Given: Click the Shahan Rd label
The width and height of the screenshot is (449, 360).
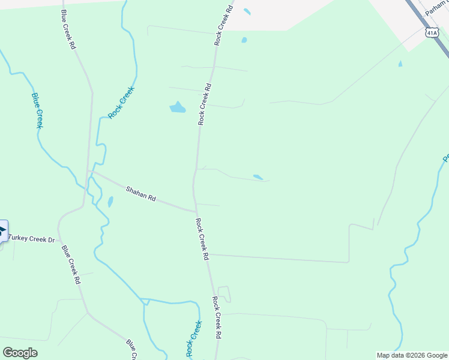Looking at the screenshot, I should tap(140, 194).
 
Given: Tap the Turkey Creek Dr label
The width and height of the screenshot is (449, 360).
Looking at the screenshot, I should tap(31, 239).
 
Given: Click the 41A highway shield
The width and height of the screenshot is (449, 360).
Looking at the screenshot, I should tap(431, 32).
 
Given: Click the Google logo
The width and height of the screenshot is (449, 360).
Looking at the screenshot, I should tap(20, 353).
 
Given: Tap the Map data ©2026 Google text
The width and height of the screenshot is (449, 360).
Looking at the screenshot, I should tap(412, 355).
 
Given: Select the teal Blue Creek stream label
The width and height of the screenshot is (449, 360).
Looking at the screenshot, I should tap(37, 110).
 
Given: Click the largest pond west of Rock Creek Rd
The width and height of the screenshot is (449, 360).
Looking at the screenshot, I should tap(177, 108).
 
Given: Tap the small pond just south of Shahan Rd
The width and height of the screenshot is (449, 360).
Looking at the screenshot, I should tap(110, 202).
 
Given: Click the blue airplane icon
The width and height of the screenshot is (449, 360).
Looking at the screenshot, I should tap(2, 231).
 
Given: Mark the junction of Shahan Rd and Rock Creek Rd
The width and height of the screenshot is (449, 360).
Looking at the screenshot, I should tap(196, 211).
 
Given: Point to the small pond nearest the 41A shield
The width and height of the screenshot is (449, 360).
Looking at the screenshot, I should tap(400, 64).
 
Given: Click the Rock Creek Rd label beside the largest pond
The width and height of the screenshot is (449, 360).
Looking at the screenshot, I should tap(204, 104).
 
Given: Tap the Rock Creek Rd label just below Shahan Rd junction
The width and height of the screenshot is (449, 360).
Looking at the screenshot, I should tap(202, 238).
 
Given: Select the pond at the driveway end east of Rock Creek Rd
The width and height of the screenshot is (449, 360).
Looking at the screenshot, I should tap(258, 177).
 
